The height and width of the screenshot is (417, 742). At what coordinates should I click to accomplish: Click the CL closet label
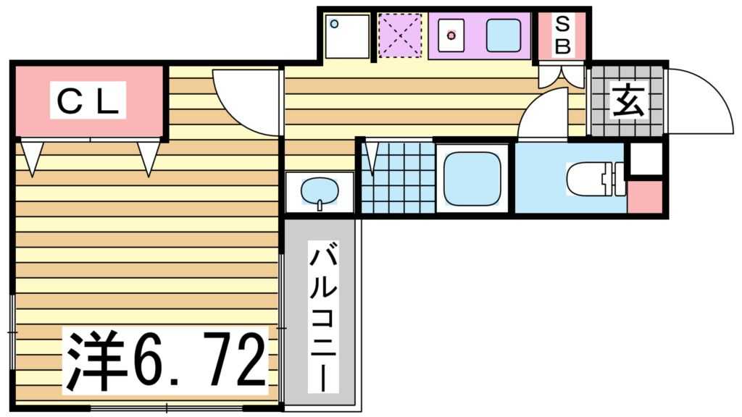pos(88,101)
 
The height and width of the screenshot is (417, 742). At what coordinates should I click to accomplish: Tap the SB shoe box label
pos(563,35)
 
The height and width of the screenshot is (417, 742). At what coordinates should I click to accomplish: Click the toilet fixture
pos(594,179)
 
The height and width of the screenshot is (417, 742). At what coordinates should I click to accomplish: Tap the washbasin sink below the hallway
pos(320,191)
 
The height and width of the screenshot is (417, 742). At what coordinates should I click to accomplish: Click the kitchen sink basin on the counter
pos(503,35)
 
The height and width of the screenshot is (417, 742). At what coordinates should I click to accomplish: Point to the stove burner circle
pos(452,35)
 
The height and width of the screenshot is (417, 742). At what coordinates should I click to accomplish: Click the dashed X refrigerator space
pos(400,35)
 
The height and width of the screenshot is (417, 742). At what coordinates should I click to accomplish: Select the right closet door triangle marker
pos(148,156)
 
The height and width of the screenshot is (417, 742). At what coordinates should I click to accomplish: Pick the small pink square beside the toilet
pos(644,198)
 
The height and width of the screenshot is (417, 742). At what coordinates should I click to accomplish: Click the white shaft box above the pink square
pos(644,159)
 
